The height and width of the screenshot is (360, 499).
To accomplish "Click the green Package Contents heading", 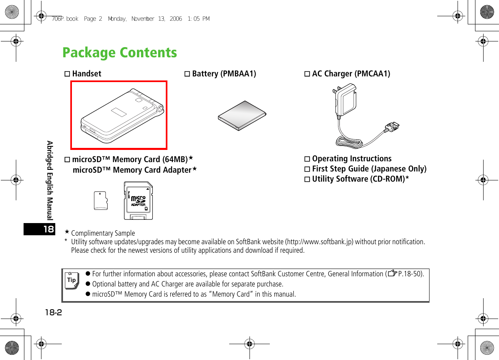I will [119, 53].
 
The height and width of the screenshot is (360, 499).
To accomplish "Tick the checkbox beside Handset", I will [67, 74].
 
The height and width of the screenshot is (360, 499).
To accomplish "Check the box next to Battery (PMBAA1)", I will [187, 74].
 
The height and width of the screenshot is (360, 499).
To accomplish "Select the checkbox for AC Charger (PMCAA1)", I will [308, 74].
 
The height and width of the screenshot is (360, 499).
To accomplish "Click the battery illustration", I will [242, 115].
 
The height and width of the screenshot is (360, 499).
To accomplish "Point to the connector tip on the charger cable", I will [393, 128].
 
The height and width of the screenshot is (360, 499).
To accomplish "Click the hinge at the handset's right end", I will [160, 108].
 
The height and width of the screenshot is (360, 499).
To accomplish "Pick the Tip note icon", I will [72, 281].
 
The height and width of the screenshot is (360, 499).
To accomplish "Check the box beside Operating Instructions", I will [308, 159].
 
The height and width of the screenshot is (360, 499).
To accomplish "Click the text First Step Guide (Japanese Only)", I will [369, 169].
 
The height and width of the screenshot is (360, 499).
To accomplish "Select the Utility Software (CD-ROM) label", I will [360, 179].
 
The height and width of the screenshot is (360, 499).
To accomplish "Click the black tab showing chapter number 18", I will [39, 229].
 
